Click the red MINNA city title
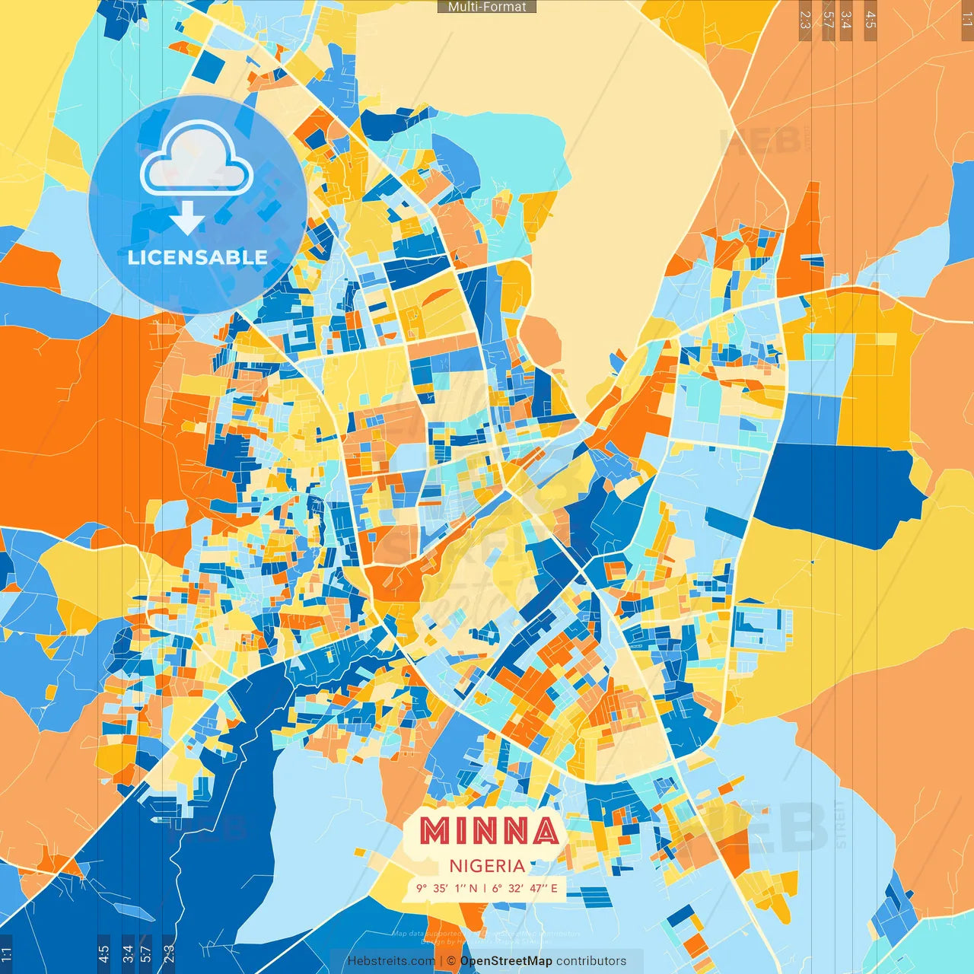point(489,831)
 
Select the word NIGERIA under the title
point(487,866)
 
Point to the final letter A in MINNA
point(544,831)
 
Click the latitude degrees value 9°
point(421,888)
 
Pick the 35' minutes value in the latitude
point(441,888)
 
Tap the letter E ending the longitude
point(554,888)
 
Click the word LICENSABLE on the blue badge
point(198,257)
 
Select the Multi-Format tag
point(487,7)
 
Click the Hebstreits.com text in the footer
point(391,961)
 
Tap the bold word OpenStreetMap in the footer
point(506,961)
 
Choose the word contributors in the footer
point(591,961)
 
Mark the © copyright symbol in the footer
point(450,961)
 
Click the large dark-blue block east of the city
point(837,491)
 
